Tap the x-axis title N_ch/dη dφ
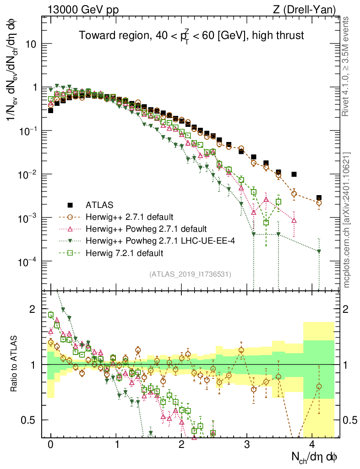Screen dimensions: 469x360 click(316, 456)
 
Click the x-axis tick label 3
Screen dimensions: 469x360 click(247, 444)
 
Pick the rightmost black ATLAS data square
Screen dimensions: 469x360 click(319, 198)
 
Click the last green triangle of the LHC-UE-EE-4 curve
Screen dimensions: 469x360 click(319, 251)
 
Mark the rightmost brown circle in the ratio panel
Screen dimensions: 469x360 click(319, 387)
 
